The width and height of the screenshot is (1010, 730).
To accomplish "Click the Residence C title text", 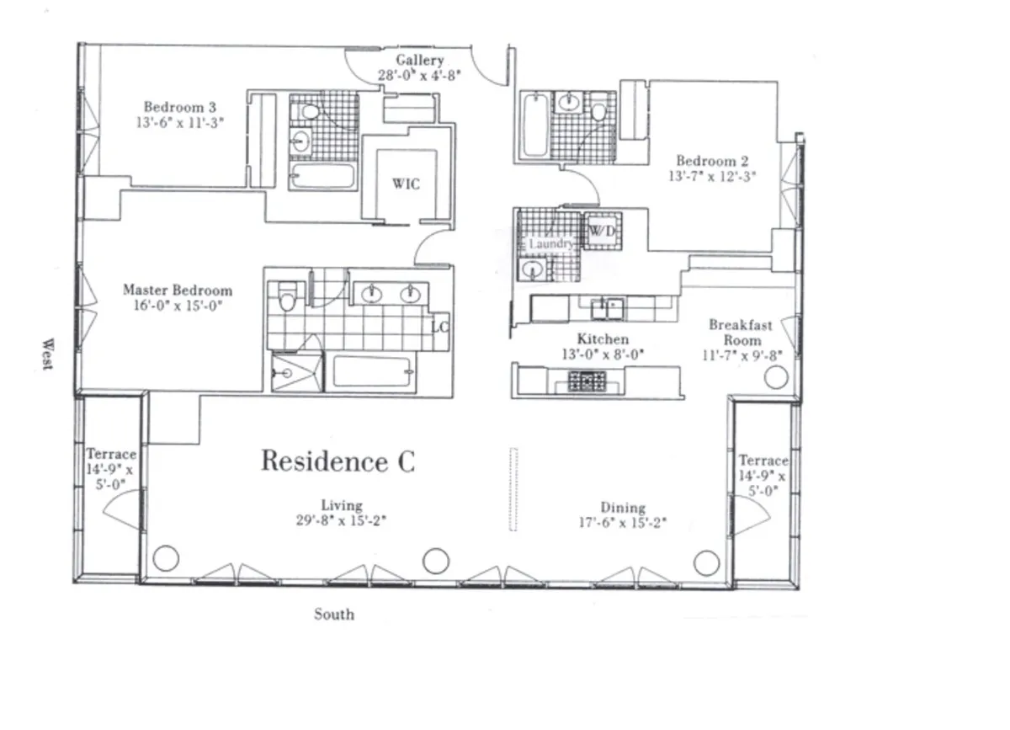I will point(337,461).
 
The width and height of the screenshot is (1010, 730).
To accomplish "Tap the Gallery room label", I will point(419,61).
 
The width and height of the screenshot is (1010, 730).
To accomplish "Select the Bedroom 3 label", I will point(179,107).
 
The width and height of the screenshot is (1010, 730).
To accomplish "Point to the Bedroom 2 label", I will point(712,161).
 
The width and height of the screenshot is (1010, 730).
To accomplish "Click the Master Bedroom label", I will point(177,290).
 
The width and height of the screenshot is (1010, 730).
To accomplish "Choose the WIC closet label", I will point(406,184).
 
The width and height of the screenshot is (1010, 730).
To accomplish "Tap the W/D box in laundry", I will point(600,231).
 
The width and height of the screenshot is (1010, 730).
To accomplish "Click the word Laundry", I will point(551,244).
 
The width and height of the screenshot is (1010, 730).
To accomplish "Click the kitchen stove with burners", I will point(582,381).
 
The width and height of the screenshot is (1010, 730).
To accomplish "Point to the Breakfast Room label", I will point(741,333).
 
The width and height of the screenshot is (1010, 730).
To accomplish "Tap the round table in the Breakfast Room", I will point(776,376).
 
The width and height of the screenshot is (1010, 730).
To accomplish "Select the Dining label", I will point(623,508).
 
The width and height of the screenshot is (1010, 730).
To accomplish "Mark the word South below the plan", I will point(334,615).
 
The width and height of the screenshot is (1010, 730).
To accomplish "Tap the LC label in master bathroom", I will point(440,326).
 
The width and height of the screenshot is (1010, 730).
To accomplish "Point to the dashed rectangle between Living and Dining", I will point(513,488).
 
